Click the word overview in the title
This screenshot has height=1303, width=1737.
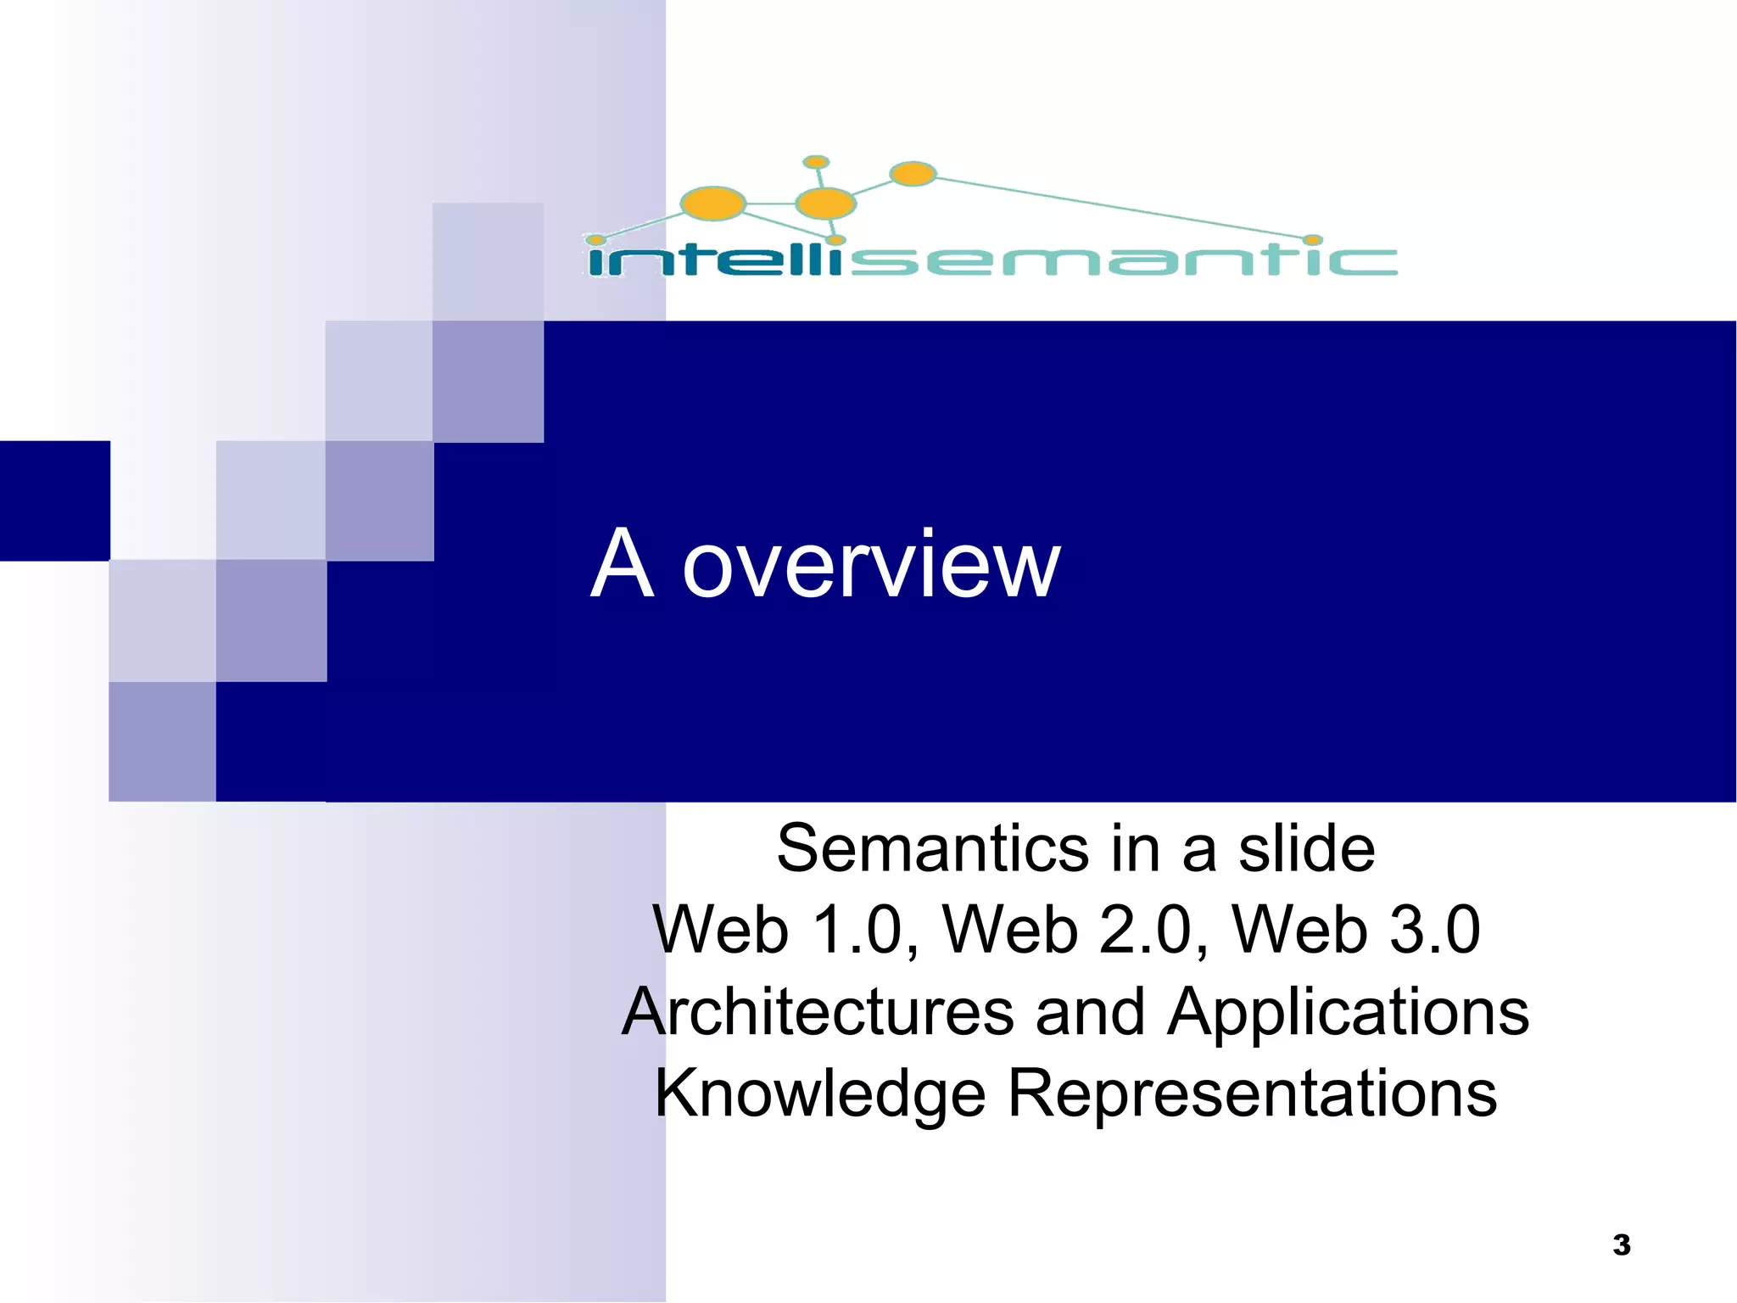(x=871, y=566)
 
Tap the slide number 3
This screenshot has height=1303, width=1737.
(x=1621, y=1244)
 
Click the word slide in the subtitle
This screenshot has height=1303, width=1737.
(x=1306, y=848)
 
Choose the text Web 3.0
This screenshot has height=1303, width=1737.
(x=1355, y=931)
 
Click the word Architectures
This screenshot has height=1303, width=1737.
(x=818, y=1012)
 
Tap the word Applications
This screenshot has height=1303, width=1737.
(x=1348, y=1012)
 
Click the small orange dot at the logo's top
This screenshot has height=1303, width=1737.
(x=816, y=162)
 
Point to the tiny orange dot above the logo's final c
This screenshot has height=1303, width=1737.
(x=1312, y=240)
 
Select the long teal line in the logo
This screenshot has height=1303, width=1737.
(x=1120, y=206)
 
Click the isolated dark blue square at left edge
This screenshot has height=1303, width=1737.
(x=54, y=501)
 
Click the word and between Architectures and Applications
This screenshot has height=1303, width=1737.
(x=1090, y=1012)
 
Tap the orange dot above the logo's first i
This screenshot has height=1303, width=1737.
(x=596, y=240)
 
